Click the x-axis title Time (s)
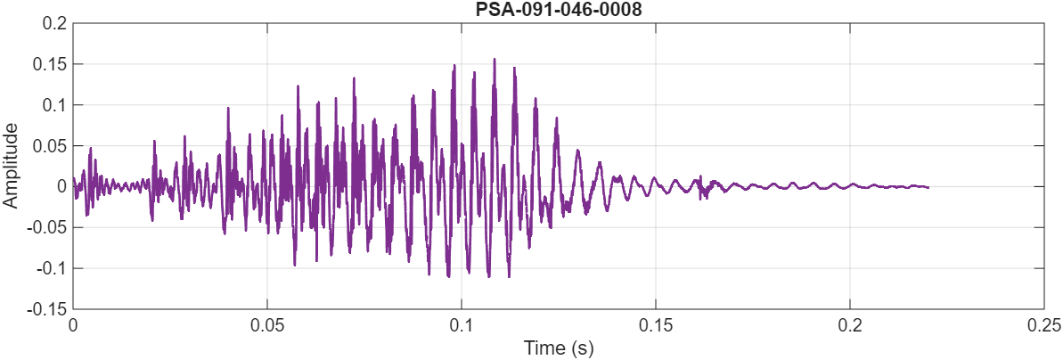559,348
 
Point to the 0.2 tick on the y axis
55,24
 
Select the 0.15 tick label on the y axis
50,65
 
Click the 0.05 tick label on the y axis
50,146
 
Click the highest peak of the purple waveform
494,60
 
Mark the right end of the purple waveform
928,187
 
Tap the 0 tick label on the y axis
61,187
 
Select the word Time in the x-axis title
543,348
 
